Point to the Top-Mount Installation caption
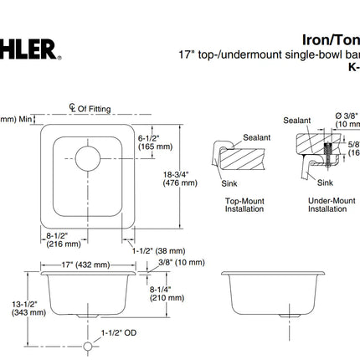pyautogui.click(x=244, y=205)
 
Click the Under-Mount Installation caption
pyautogui.click(x=327, y=205)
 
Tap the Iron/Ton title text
pyautogui.click(x=330, y=39)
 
